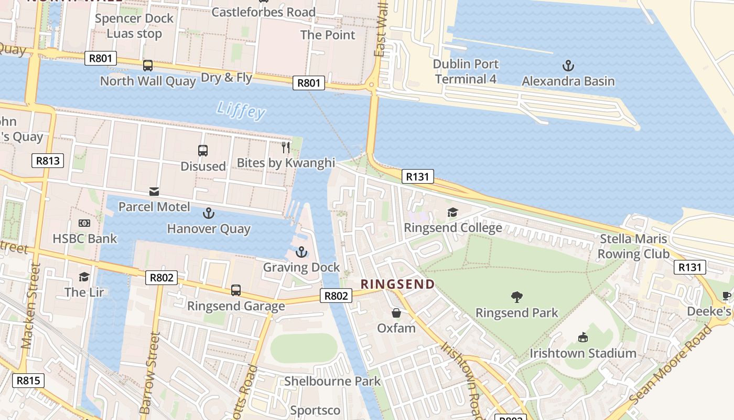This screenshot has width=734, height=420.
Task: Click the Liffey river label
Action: pyautogui.click(x=241, y=110)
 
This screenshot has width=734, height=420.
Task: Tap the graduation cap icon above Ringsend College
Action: pyautogui.click(x=452, y=212)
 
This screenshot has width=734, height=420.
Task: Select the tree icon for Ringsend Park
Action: pyautogui.click(x=517, y=297)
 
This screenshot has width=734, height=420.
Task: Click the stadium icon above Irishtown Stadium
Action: pyautogui.click(x=582, y=337)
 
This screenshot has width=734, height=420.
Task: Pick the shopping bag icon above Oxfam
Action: pyautogui.click(x=396, y=313)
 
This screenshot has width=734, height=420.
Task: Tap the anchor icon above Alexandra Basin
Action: pyautogui.click(x=568, y=66)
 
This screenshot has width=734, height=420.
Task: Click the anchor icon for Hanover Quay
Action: pyautogui.click(x=209, y=213)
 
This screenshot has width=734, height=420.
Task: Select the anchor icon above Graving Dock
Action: pyautogui.click(x=301, y=252)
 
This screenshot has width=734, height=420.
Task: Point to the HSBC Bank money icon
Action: pyautogui.click(x=84, y=223)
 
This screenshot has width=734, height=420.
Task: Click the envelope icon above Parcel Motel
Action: pyautogui.click(x=154, y=191)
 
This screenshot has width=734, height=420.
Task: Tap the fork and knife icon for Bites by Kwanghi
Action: pyautogui.click(x=286, y=147)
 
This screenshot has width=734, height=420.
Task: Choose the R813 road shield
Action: pyautogui.click(x=48, y=161)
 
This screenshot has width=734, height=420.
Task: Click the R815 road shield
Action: pyautogui.click(x=28, y=381)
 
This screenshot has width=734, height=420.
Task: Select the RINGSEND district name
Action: pyautogui.click(x=397, y=285)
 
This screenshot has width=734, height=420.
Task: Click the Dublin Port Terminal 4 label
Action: pyautogui.click(x=466, y=71)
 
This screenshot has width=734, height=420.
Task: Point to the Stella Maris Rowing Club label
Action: pyautogui.click(x=633, y=246)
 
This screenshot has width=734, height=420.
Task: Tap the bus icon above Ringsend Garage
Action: pyautogui.click(x=236, y=290)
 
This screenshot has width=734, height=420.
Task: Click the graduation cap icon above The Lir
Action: pyautogui.click(x=84, y=277)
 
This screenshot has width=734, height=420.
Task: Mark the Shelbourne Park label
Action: pyautogui.click(x=332, y=381)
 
